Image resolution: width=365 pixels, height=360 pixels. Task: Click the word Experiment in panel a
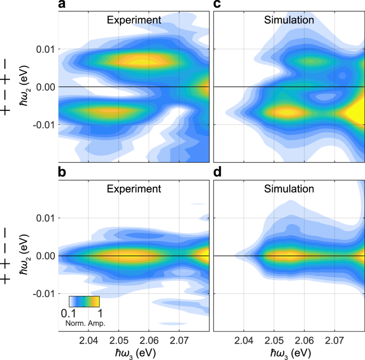[x=134, y=20]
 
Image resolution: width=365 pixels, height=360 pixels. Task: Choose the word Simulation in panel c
[x=289, y=20]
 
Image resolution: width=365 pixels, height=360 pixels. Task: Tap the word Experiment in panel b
[x=134, y=189]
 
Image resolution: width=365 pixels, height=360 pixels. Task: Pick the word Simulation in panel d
[x=289, y=189]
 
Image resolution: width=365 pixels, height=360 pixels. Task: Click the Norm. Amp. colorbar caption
[x=84, y=323]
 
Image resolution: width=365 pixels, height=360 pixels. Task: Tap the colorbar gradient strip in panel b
[x=84, y=302]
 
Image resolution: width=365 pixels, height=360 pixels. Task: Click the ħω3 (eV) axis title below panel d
[x=289, y=353]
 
